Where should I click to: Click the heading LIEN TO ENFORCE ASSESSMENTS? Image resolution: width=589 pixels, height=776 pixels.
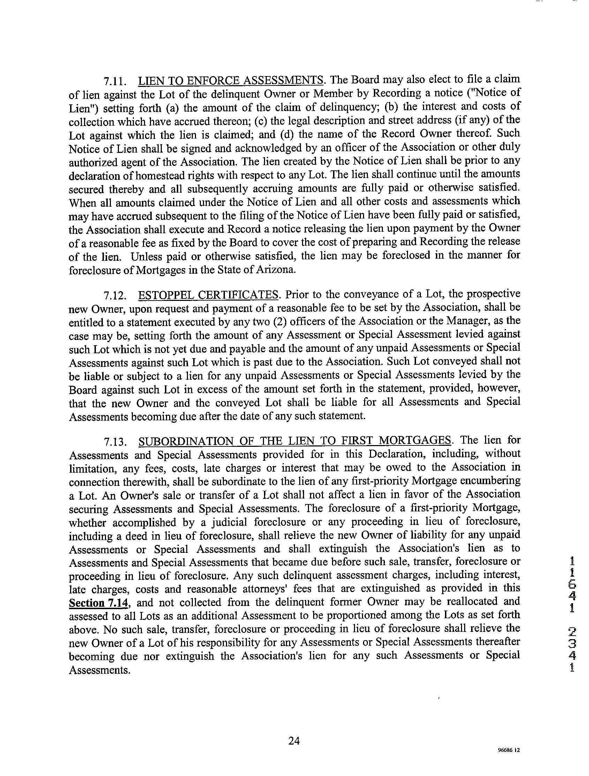pos(231,81)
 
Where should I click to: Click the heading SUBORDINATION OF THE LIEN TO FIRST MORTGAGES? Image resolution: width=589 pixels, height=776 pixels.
pos(294,441)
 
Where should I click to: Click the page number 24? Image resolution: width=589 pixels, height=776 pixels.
pos(294,740)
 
